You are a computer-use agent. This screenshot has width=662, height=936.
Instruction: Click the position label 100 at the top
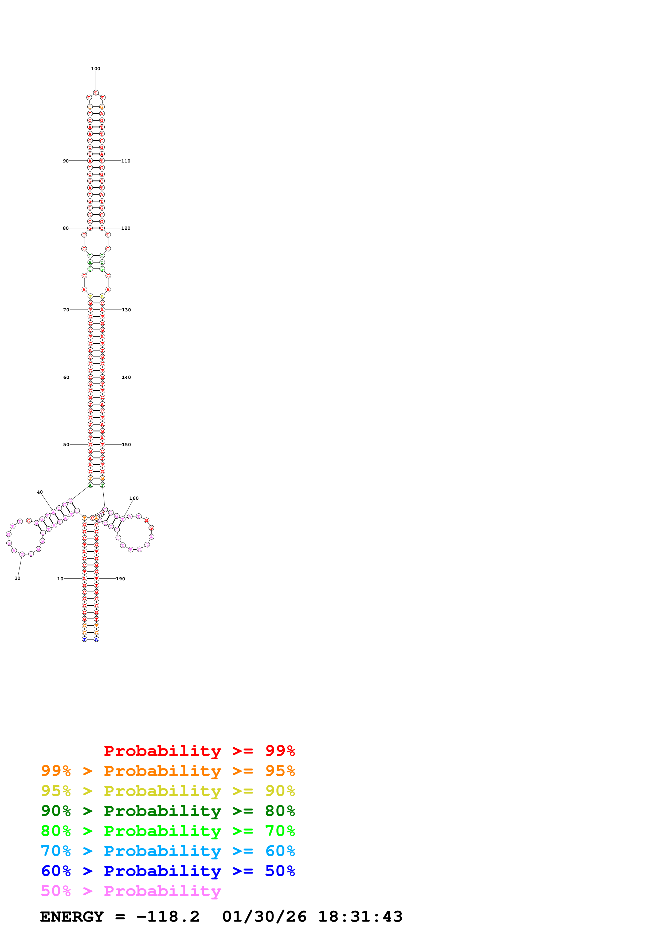pos(95,69)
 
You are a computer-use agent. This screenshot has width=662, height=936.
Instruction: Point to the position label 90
pos(66,161)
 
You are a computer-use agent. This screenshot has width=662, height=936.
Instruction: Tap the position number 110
pos(126,161)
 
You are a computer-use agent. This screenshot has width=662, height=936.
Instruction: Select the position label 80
pos(66,228)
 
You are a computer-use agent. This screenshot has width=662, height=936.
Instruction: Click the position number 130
pos(126,310)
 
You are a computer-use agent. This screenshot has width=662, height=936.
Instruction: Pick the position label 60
pos(66,378)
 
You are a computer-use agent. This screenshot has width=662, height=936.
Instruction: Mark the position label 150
pos(126,445)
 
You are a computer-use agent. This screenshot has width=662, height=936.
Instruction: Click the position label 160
pos(134,498)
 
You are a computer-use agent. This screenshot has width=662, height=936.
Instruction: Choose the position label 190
pos(120,579)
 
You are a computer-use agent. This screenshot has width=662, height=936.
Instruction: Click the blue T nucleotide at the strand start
pos(84,639)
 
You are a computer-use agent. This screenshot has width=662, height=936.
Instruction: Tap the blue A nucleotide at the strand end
pos(96,639)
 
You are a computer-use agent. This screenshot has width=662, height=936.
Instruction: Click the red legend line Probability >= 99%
pos(199,751)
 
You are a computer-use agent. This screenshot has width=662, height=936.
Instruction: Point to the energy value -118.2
pos(168,917)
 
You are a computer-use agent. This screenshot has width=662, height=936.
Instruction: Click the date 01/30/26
pos(264,917)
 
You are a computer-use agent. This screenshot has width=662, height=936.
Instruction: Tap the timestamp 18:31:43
pos(360,917)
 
